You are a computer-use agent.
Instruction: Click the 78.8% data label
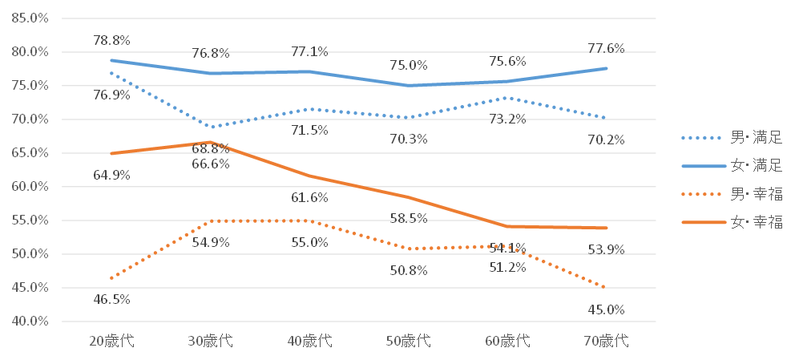pyautogui.click(x=111, y=40)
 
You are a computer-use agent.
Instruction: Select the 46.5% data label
pyautogui.click(x=111, y=300)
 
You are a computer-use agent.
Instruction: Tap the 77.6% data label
pyautogui.click(x=606, y=48)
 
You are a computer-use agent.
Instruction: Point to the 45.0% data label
pyautogui.click(x=606, y=309)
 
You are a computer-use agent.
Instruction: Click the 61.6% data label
pyautogui.click(x=310, y=198)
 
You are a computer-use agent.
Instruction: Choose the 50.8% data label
pyautogui.click(x=409, y=270)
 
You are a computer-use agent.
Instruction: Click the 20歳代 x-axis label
pyautogui.click(x=111, y=341)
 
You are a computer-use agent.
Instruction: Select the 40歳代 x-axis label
pyautogui.click(x=310, y=341)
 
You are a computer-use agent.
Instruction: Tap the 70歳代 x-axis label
pyautogui.click(x=607, y=341)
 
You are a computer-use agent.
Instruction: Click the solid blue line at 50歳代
pyautogui.click(x=409, y=86)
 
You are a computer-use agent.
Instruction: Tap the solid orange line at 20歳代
pyautogui.click(x=111, y=153)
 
